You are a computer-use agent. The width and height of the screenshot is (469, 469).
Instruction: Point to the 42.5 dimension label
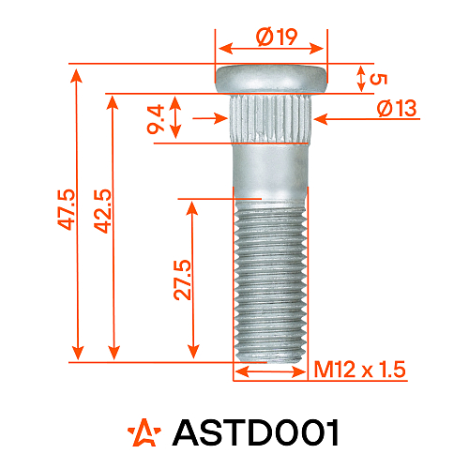click(102, 210)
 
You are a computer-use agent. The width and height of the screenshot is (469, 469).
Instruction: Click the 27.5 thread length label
click(183, 280)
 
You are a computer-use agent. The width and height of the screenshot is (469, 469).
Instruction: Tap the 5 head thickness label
click(379, 79)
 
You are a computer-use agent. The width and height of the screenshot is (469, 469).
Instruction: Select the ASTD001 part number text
click(255, 432)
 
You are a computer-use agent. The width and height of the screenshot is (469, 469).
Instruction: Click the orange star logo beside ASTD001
click(144, 432)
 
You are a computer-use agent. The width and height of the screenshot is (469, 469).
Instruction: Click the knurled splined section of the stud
click(272, 117)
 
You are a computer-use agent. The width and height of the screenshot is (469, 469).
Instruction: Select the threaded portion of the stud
click(270, 277)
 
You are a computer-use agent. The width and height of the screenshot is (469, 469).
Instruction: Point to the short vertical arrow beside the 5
click(361, 79)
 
